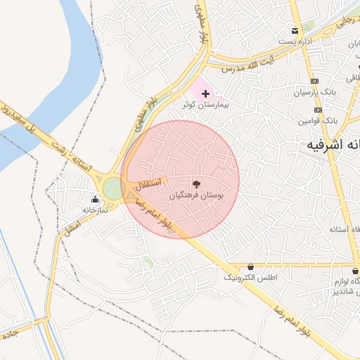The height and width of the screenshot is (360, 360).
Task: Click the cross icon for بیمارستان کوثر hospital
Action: pos(205,94)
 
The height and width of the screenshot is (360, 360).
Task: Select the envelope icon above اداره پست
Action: pos(295,30)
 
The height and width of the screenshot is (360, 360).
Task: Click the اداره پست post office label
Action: pos(295,41)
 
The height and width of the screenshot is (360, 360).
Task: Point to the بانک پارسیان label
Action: pos(316,92)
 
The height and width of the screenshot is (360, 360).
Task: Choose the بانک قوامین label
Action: pos(317,121)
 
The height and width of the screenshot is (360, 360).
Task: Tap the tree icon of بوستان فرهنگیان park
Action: pos(196,185)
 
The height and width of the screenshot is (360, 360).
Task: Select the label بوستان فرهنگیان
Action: pos(196,196)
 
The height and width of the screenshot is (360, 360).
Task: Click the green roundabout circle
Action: pos(112,188)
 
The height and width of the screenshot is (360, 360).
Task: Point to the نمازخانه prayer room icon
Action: pos(95,199)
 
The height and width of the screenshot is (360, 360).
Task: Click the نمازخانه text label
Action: pos(95,210)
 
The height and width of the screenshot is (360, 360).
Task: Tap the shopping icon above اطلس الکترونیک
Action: pos(251,267)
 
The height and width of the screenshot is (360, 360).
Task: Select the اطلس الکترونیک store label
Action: pos(251,278)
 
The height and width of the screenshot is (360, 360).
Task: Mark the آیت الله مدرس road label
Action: pos(242,67)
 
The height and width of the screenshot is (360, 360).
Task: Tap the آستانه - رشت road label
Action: pos(69,153)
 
